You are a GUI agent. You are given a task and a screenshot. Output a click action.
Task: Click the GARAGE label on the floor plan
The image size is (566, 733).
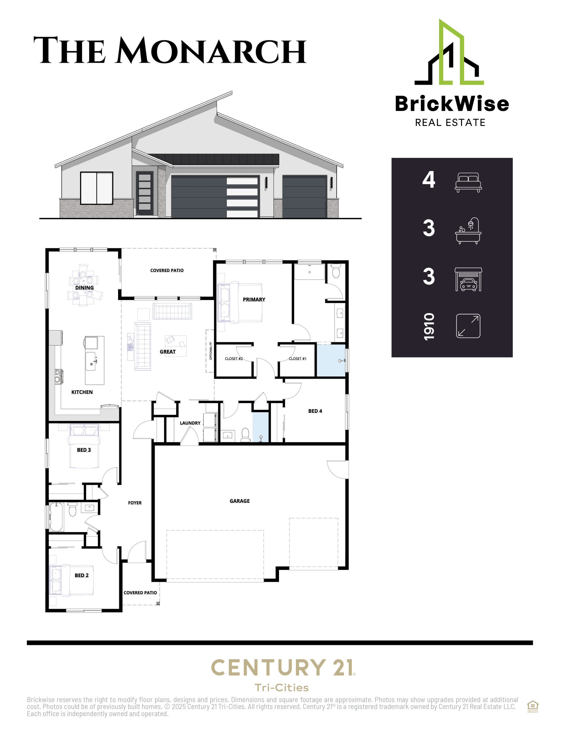point(240,501)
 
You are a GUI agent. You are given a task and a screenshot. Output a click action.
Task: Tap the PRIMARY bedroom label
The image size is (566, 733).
point(254,299)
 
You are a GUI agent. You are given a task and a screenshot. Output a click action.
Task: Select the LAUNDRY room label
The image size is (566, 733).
point(190,423)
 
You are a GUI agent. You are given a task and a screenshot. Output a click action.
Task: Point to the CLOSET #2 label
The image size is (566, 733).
point(234,358)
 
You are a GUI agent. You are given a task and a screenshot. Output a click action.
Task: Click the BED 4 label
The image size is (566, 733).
point(315,411)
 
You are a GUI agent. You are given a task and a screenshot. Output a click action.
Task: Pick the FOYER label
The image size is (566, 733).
point(135,503)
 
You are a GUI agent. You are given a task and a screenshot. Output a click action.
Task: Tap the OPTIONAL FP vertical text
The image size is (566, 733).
point(211,351)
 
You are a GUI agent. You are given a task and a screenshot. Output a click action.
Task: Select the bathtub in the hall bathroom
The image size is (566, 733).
point(56,517)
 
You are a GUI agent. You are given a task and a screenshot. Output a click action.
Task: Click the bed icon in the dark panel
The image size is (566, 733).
point(468,183)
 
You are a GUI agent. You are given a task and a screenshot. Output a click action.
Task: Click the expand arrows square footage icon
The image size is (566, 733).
point(468,326)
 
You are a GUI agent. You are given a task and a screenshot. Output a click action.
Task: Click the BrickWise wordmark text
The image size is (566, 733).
point(452,103)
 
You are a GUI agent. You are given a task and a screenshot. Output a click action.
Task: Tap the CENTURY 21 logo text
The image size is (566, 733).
point(282,667)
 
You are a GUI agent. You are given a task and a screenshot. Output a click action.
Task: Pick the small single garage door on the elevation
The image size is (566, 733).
point(304,196)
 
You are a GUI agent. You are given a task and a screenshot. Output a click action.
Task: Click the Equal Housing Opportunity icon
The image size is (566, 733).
point(533,706)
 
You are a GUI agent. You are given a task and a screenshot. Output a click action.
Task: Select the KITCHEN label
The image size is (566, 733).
point(82,392)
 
